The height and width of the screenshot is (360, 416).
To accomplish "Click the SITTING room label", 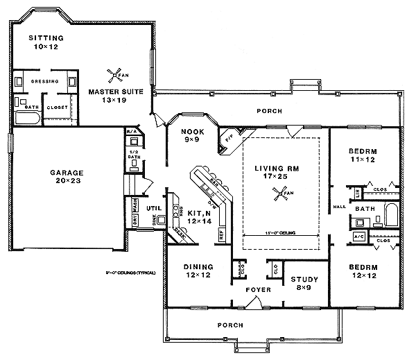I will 46,37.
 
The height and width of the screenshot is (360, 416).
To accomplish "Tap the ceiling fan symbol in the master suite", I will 113,74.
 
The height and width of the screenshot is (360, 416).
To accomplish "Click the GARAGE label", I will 67,173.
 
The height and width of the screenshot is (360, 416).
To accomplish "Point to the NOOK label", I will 191,131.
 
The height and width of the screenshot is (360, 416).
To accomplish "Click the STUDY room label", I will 304,280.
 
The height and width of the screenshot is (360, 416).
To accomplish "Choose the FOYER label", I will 248,290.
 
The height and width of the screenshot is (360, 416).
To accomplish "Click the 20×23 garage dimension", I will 67,182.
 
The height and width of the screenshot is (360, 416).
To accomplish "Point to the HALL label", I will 339,206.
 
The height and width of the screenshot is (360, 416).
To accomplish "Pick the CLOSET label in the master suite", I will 56,107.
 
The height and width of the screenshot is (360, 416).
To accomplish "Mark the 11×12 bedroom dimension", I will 363,160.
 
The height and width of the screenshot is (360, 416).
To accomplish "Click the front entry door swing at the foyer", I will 256,302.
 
